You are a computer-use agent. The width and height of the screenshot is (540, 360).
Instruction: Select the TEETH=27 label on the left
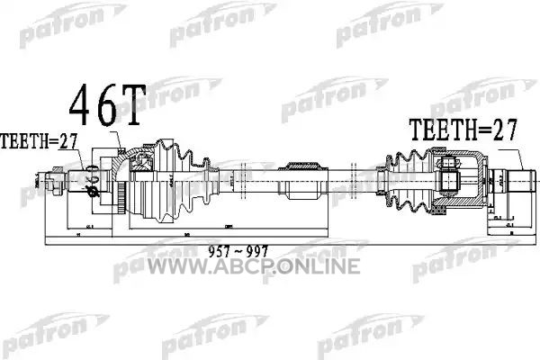(38, 141)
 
